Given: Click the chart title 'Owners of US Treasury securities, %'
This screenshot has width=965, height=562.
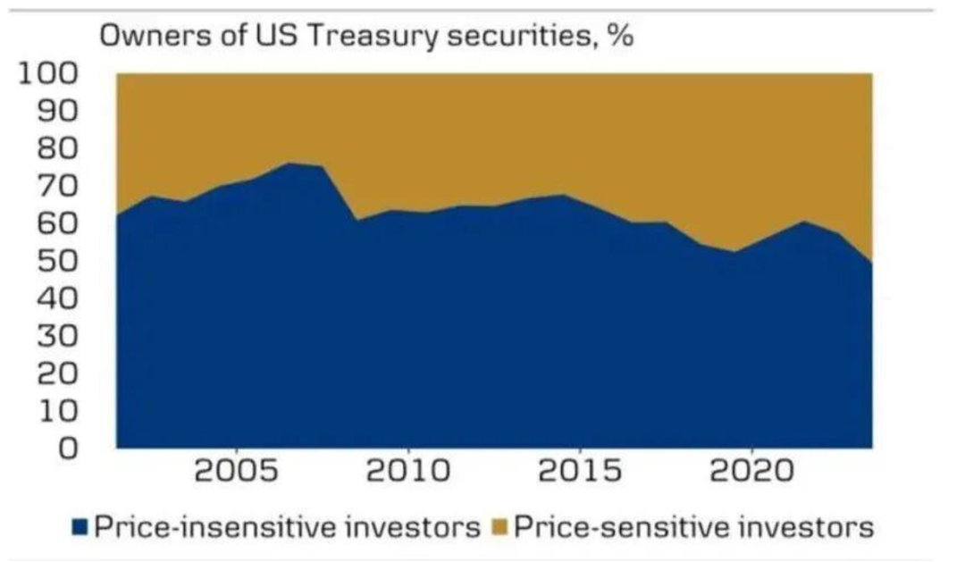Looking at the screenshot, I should (x=366, y=38).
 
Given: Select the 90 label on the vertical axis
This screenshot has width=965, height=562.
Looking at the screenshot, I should (x=58, y=111).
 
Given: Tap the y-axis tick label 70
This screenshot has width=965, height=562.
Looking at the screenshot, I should (x=58, y=186).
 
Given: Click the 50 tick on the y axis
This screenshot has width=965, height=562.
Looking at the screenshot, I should (x=58, y=261).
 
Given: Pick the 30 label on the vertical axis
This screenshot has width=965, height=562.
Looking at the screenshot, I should (x=58, y=336).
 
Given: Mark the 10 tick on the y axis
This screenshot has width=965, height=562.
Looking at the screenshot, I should (x=58, y=411).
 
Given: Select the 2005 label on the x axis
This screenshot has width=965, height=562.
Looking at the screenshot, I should (x=237, y=472).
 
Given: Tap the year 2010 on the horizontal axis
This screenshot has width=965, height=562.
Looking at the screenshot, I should (x=408, y=472).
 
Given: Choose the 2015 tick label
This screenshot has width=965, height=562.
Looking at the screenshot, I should (x=580, y=472).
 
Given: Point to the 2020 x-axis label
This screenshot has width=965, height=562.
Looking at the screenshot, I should (x=751, y=472).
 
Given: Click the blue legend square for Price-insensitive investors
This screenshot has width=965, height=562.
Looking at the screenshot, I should (x=81, y=527).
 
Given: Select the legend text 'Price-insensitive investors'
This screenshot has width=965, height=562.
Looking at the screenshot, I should (x=287, y=527).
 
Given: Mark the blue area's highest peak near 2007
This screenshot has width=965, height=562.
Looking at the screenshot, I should (x=291, y=164).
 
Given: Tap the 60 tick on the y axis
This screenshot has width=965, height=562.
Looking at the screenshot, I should (x=58, y=223).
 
